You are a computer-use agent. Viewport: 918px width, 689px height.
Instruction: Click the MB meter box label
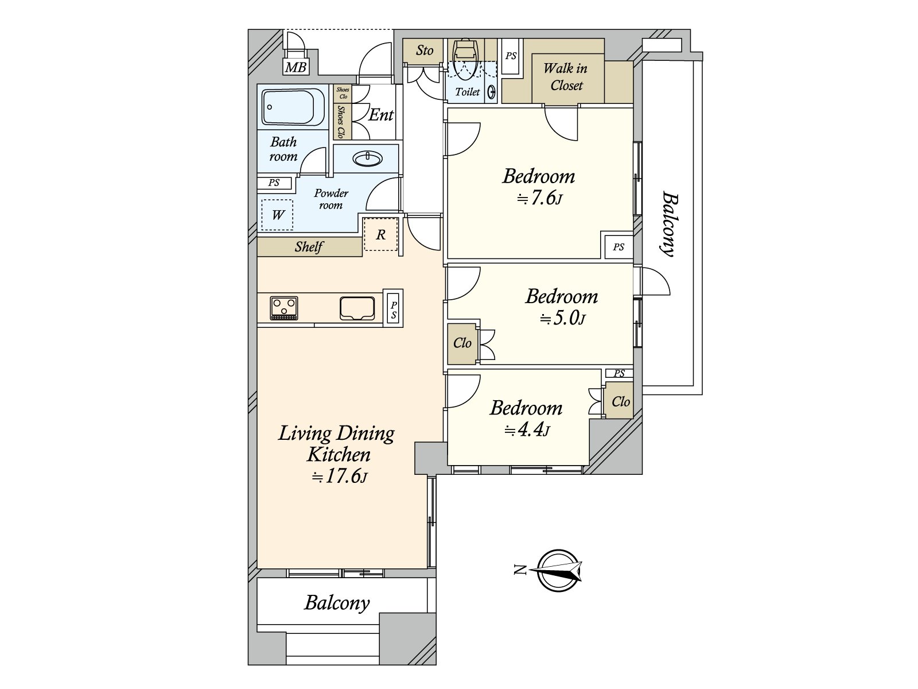click(x=295, y=67)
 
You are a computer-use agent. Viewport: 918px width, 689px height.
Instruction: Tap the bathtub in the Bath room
click(x=293, y=107)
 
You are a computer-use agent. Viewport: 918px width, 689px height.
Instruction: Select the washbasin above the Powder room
click(x=367, y=159)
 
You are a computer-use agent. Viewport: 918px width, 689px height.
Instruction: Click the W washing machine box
click(x=277, y=215)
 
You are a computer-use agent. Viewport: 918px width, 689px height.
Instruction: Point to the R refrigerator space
click(x=380, y=234)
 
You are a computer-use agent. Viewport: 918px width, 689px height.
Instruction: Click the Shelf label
click(x=309, y=246)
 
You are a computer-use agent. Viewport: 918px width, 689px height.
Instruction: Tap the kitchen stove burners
click(x=284, y=308)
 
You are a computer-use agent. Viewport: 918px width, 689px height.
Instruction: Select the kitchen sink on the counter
click(x=357, y=308)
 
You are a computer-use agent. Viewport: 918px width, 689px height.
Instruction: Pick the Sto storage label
click(x=425, y=51)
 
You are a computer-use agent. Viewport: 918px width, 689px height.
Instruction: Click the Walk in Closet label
click(x=566, y=76)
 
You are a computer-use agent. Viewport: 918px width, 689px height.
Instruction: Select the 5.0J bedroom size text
click(x=562, y=319)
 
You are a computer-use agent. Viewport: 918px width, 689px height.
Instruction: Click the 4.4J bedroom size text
click(x=527, y=429)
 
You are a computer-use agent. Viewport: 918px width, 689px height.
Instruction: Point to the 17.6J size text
click(x=340, y=477)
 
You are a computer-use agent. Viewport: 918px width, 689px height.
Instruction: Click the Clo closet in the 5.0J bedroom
click(x=462, y=343)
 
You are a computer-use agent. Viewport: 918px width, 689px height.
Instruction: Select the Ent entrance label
click(x=381, y=115)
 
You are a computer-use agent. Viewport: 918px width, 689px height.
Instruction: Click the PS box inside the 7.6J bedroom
click(x=619, y=247)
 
